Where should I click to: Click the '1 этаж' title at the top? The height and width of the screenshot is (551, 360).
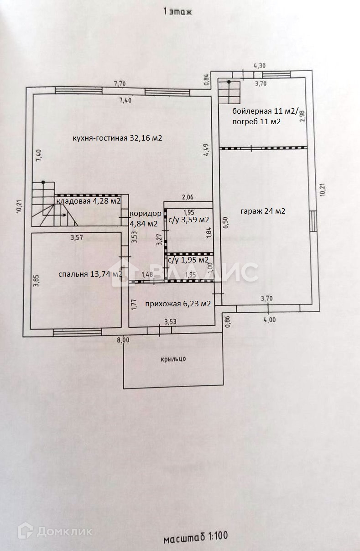point(177,12)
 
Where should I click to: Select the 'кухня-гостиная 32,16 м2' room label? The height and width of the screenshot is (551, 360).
point(117,138)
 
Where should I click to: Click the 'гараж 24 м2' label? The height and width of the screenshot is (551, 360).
point(263,211)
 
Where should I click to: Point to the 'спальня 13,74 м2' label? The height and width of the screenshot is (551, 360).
point(90,274)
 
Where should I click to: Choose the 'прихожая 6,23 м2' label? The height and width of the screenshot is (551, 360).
point(178,304)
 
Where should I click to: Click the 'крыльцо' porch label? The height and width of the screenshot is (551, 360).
point(173,359)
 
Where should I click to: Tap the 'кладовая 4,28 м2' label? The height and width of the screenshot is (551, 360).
point(89,201)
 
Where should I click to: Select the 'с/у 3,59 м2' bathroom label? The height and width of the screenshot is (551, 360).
point(188,220)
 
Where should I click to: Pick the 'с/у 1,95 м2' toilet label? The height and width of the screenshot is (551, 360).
point(188,260)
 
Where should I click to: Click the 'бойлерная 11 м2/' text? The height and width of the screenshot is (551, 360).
point(265,111)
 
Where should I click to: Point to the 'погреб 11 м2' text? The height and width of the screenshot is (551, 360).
point(256,121)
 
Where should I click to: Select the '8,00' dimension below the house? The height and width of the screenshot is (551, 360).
point(123,340)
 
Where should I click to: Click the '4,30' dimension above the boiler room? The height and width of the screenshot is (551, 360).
point(260,66)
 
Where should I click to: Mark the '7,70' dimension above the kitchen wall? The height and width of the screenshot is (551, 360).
point(120,84)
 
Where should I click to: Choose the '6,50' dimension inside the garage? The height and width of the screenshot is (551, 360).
point(226,222)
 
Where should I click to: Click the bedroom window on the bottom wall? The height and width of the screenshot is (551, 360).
point(78,333)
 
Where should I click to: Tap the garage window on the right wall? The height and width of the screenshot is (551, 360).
point(313,221)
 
